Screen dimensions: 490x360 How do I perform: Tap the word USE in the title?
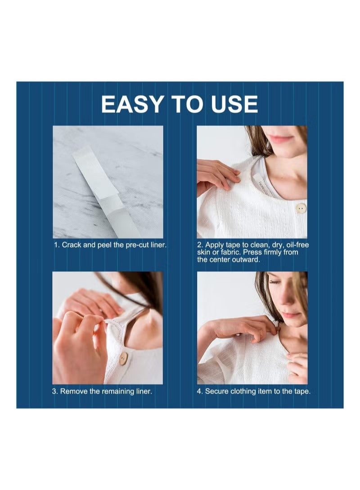coord(233,104)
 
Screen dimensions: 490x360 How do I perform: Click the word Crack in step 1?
coord(71,245)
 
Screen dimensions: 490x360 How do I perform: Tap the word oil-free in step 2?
coord(294,245)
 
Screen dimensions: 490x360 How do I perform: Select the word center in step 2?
coord(220,259)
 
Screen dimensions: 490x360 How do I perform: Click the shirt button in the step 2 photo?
coord(301,208)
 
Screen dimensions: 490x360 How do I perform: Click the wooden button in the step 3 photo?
coord(123,358)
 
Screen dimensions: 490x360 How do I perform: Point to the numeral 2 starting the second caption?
coord(199,245)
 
